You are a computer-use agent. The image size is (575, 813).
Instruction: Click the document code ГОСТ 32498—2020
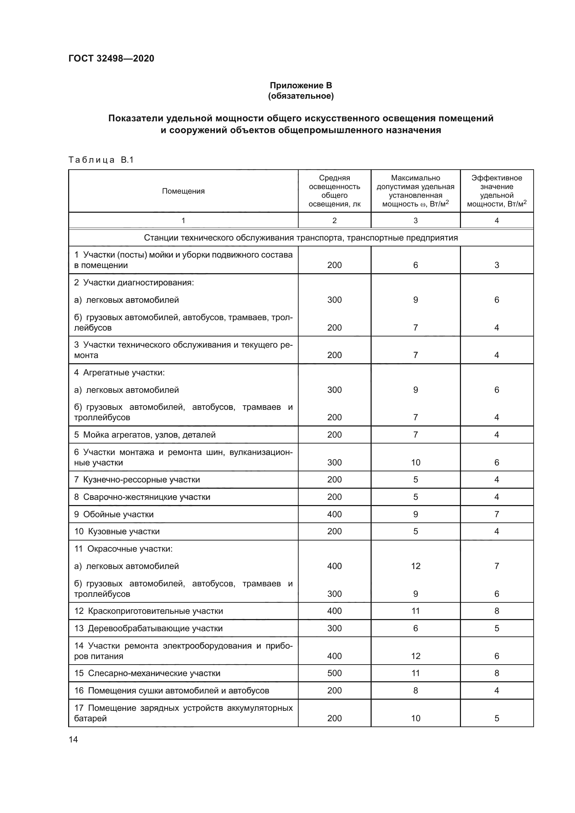tap(111, 58)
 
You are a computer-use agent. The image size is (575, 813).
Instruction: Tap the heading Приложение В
tap(301, 86)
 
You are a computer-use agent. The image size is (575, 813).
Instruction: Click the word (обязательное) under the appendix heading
tap(301, 96)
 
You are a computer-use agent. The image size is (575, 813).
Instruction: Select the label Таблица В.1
tap(101, 160)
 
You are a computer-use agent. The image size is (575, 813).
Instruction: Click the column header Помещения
tap(183, 191)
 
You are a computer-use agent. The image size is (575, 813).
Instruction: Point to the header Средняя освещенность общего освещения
tap(334, 191)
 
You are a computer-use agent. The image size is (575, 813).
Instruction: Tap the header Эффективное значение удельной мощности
tap(496, 191)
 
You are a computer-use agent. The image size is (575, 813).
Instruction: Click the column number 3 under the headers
tap(415, 221)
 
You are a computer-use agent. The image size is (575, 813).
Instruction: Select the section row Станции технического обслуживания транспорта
tap(301, 238)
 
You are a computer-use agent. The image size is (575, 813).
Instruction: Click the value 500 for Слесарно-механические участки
tap(334, 673)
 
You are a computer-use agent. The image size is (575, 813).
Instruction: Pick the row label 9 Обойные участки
tap(114, 514)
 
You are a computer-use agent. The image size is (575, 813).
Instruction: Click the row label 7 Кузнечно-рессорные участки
tap(137, 479)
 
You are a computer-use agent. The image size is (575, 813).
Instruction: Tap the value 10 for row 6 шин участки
tap(415, 462)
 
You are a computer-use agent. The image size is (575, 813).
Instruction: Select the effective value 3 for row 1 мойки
tap(496, 265)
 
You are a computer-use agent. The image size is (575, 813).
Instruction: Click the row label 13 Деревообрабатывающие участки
tap(148, 628)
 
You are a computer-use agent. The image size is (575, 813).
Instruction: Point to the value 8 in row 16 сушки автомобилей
tap(415, 691)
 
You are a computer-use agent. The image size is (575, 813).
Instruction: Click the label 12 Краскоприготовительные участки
tap(148, 611)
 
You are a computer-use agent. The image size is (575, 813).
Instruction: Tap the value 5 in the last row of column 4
tap(496, 718)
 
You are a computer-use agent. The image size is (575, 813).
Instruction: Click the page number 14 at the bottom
tap(73, 739)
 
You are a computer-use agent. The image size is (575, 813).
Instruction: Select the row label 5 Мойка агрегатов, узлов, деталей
tap(145, 434)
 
